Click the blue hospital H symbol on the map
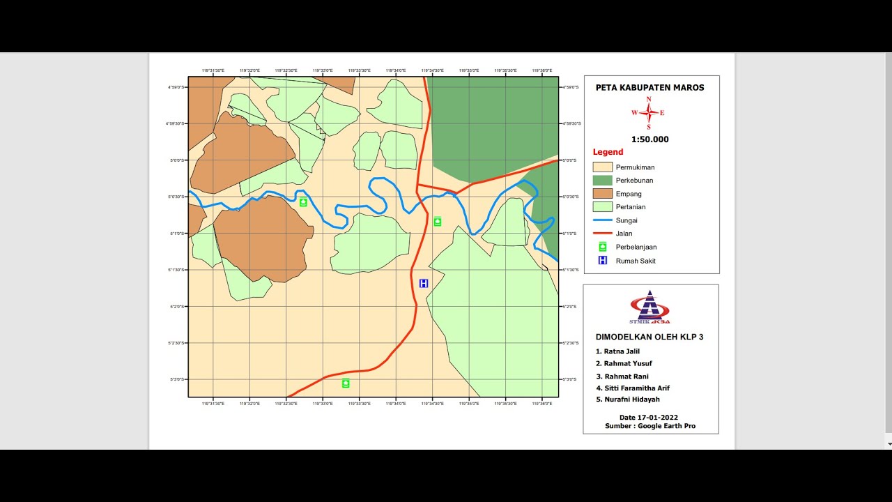[424, 283]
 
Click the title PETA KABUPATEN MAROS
[649, 88]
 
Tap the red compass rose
[649, 112]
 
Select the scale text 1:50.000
[649, 139]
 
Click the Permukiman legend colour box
[602, 167]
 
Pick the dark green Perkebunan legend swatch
[602, 181]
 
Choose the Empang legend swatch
[602, 194]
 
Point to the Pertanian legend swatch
[602, 207]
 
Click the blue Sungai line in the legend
[602, 220]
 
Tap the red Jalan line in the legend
[602, 234]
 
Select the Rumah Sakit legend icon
[603, 261]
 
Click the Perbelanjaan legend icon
[603, 247]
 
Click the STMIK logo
[649, 307]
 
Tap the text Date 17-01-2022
[649, 418]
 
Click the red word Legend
[608, 152]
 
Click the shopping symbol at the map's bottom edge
[346, 383]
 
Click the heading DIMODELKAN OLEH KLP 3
[649, 337]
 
